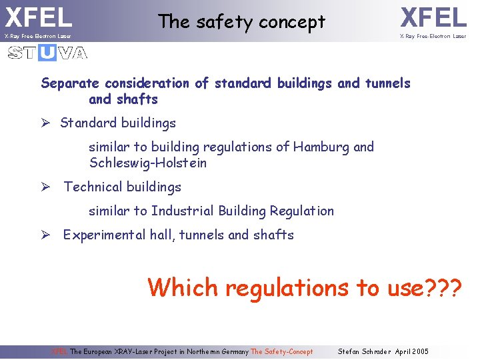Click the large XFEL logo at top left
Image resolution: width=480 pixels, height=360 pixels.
(38, 17)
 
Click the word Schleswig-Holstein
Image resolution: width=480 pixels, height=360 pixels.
(147, 163)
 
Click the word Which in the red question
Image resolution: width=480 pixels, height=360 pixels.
(183, 287)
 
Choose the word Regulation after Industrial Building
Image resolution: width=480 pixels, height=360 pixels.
(301, 211)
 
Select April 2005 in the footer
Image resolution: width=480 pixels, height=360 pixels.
(411, 351)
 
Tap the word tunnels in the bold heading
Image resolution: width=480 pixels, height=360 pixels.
(387, 83)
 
